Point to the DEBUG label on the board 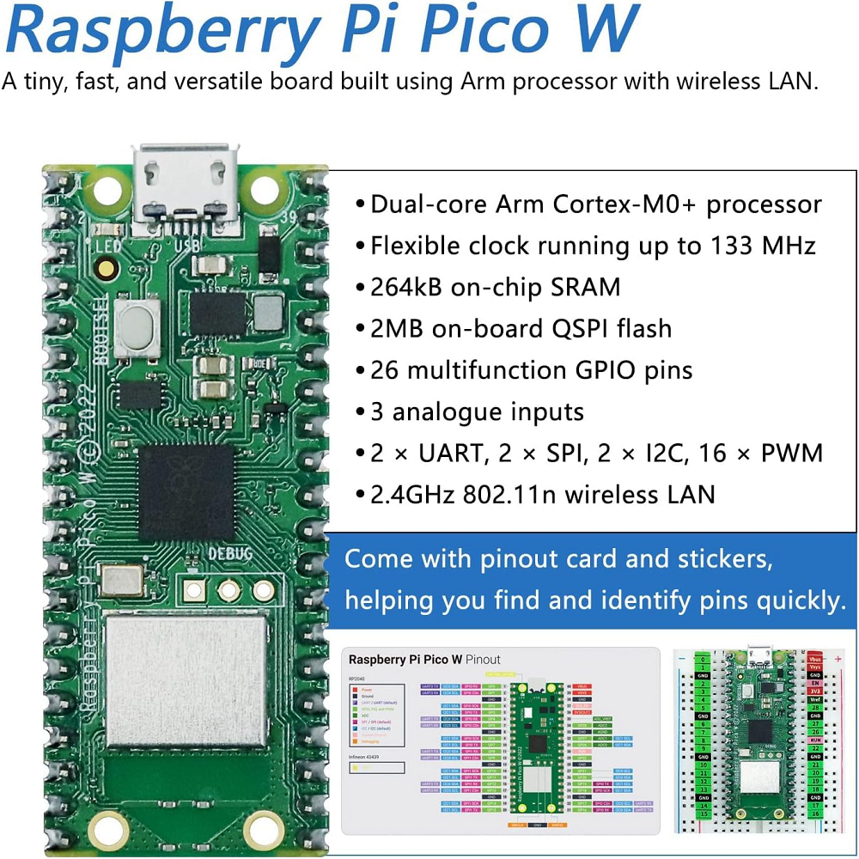pyautogui.click(x=230, y=554)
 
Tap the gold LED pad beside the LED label pyautogui.click(x=107, y=269)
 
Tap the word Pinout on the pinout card pyautogui.click(x=483, y=660)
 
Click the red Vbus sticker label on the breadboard pyautogui.click(x=815, y=660)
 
